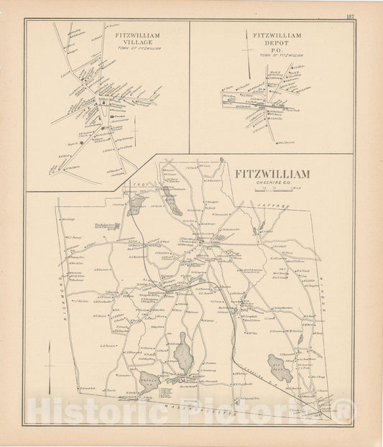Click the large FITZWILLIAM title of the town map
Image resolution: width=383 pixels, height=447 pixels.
pyautogui.click(x=272, y=175)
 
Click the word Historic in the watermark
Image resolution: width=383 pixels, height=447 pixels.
pyautogui.click(x=87, y=413)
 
